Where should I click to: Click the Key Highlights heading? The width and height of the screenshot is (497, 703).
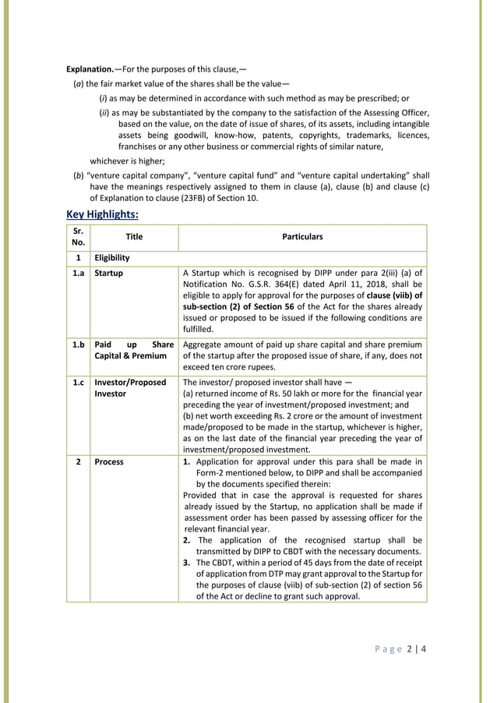point(103,214)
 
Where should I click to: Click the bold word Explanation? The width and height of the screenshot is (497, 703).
point(89,68)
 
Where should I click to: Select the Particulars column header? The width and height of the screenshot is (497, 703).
point(302,237)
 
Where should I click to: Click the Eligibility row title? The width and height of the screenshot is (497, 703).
point(112,257)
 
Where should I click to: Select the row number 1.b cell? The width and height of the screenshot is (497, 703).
point(78,344)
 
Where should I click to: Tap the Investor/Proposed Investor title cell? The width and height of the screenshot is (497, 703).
point(130,388)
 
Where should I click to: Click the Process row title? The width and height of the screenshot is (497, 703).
point(109,461)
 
